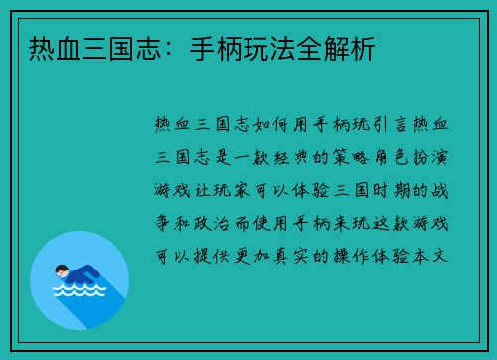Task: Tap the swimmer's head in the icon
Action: click(x=63, y=270)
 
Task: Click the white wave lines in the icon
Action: click(x=79, y=293)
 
